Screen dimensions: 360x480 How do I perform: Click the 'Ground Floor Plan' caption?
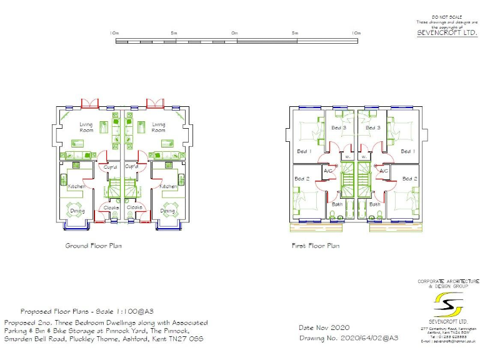[93, 246]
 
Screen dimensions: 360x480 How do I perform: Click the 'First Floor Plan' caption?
[316, 246]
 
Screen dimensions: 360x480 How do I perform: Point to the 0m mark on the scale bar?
[234, 32]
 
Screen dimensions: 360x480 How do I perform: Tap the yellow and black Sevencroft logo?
[447, 306]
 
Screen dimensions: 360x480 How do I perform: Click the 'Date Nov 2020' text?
[324, 327]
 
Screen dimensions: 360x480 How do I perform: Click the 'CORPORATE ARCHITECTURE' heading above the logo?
[447, 281]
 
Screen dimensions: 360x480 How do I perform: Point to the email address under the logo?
[447, 341]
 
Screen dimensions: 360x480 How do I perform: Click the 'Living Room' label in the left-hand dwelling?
[86, 127]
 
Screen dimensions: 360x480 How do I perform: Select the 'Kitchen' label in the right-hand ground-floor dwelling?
[168, 186]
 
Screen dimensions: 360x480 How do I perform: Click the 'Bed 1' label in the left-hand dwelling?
[303, 151]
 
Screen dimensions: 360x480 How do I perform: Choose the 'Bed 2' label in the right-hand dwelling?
[409, 179]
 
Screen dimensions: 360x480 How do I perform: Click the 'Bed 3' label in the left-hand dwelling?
[339, 128]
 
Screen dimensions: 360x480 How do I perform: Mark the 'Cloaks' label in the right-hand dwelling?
[134, 207]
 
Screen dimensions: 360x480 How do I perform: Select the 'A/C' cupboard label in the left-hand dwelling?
[328, 171]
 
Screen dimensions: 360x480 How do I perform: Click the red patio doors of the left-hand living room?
[91, 102]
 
